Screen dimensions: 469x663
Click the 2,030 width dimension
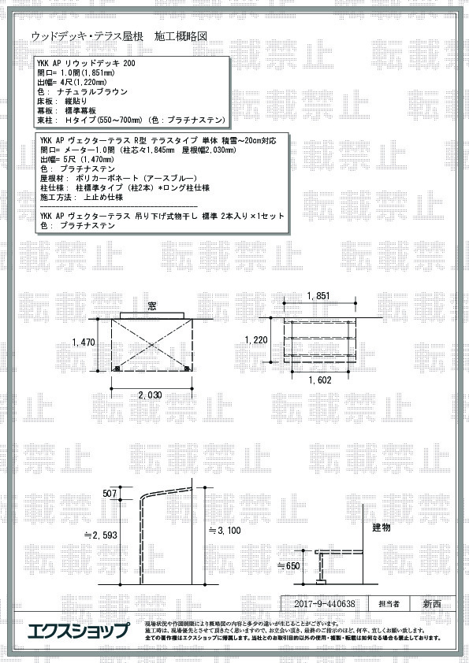click(x=150, y=394)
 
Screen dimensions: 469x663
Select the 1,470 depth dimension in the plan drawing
click(x=83, y=343)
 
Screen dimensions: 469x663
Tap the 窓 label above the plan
click(x=154, y=306)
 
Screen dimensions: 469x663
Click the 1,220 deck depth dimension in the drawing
click(x=257, y=340)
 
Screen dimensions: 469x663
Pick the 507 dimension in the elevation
click(x=110, y=493)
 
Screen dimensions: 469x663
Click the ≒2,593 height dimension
click(x=100, y=535)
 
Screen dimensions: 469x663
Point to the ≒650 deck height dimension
click(x=289, y=565)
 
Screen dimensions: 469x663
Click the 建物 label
click(x=381, y=528)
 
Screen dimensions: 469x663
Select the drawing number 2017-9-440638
click(x=323, y=605)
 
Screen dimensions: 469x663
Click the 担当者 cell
click(x=389, y=605)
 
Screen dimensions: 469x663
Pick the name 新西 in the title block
click(x=432, y=605)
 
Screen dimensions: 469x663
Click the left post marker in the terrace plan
click(x=117, y=368)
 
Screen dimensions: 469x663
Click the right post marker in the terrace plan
click(x=186, y=368)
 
